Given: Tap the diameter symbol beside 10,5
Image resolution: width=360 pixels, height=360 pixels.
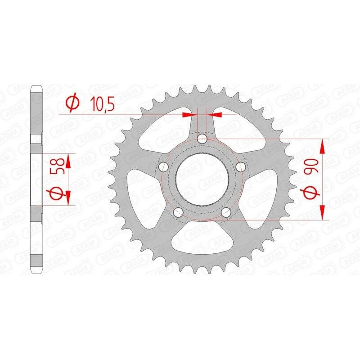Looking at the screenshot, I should (x=72, y=103).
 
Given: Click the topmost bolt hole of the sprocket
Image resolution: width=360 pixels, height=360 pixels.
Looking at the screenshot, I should (x=203, y=139).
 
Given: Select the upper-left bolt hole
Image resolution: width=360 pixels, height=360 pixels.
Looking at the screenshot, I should (x=164, y=167).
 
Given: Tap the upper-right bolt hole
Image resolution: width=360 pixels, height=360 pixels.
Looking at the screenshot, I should (x=242, y=167).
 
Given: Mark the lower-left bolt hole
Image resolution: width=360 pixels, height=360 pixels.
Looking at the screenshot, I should (x=179, y=213).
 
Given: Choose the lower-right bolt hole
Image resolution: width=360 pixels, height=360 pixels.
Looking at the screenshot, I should (x=227, y=213).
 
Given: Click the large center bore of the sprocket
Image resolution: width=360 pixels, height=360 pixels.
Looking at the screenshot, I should (x=203, y=180).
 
